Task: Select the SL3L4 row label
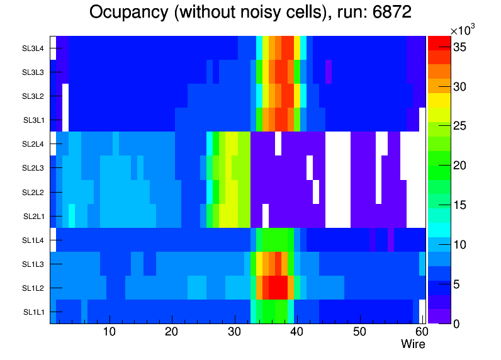(34, 48)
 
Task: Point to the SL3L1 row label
(34, 120)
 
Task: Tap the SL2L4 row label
(34, 144)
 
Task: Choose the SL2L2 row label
(34, 192)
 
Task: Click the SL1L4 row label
(34, 240)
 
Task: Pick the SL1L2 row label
(34, 288)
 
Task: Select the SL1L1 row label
(34, 312)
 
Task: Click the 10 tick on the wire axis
(110, 332)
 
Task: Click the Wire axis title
(413, 344)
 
